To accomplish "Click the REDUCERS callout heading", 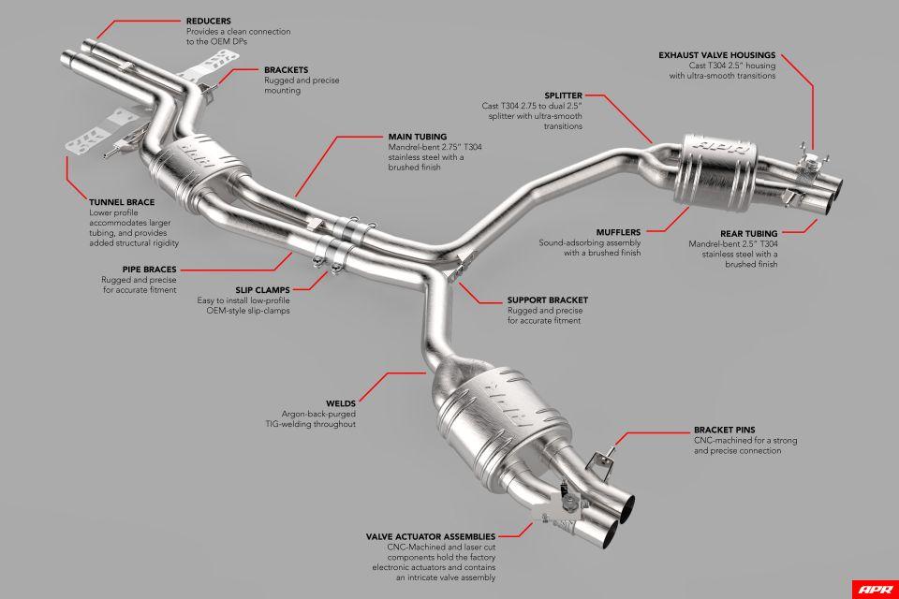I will click(209, 20).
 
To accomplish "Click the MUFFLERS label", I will click(618, 231).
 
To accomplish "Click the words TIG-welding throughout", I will click(317, 423).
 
